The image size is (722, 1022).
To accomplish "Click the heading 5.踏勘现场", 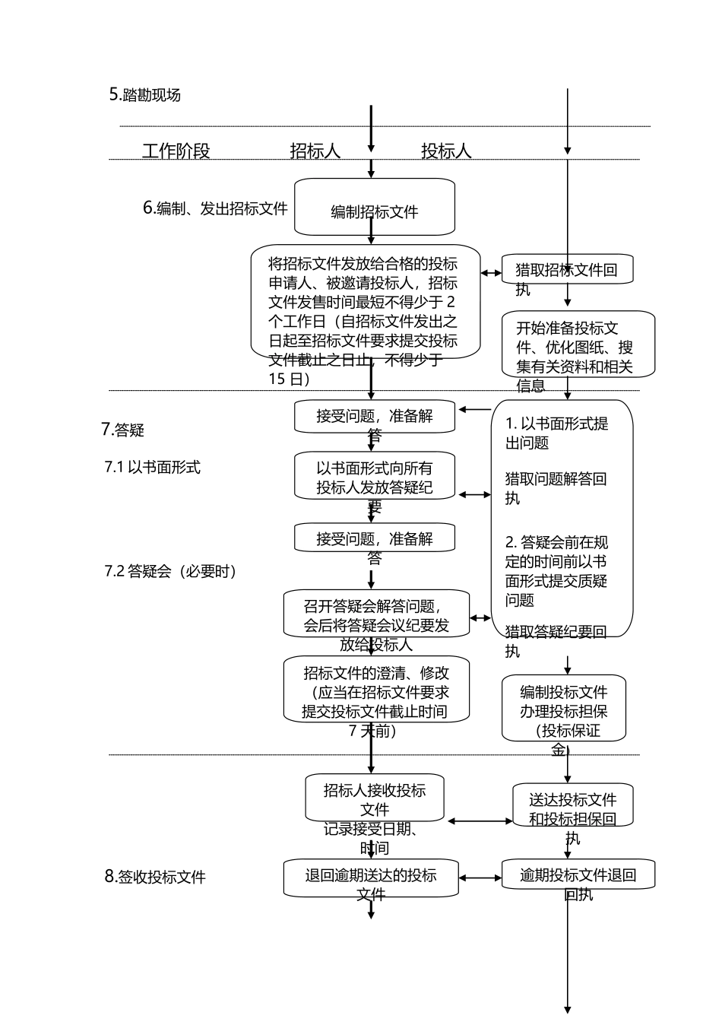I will pos(145,95).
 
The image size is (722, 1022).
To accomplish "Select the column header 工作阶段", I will pos(176,151).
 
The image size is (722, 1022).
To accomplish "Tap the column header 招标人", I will pos(315,151).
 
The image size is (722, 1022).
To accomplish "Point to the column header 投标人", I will pos(446,151).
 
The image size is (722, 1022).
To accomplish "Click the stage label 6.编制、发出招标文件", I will pos(215,208).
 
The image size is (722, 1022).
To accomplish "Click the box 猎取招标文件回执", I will pos(567,270).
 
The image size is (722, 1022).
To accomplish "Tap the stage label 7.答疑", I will pos(123,430).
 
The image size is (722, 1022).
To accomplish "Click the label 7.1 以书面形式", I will pos(153,467).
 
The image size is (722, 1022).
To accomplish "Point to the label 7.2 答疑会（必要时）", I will pos(170,571).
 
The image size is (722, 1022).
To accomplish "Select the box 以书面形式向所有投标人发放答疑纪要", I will pos(375,478).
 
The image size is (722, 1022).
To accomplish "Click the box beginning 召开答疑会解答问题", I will pos(376,614).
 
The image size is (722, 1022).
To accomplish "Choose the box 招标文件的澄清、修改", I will pos(376,690).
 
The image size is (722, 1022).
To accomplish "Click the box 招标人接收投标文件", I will pos(375,798).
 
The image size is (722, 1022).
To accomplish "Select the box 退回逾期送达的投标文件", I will pos(371,878).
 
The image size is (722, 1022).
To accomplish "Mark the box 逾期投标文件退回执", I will pos(578,874).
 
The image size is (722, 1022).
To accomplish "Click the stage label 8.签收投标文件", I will pos(155,877).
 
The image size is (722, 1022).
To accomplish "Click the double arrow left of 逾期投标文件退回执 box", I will pos(480,878).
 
